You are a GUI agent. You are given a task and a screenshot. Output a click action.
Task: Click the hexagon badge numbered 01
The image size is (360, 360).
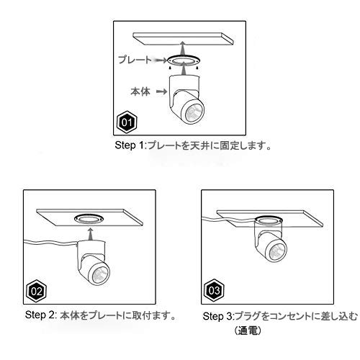click(127, 122)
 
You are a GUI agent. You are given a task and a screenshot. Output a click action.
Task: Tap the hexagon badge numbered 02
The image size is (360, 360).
click(36, 291)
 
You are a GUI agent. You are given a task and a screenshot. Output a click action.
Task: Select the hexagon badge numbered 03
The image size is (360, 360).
click(214, 291)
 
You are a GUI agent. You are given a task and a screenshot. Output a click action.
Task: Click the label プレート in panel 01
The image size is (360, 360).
click(135, 60)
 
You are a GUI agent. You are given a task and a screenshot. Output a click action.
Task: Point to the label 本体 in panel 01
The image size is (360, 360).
click(140, 91)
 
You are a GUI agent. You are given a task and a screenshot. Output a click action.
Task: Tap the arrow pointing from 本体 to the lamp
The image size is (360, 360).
click(161, 91)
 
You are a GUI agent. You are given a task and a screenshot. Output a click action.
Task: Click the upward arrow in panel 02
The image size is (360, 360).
click(90, 234)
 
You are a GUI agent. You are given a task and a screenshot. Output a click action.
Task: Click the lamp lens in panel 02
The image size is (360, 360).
click(100, 273)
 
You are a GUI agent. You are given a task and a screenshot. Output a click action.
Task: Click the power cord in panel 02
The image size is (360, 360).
click(50, 243)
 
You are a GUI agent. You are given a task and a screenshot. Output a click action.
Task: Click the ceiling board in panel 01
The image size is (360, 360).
click(184, 39)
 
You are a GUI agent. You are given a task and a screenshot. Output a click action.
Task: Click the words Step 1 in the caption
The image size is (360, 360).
click(129, 145)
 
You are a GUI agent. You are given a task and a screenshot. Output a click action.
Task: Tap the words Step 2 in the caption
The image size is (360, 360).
click(40, 315)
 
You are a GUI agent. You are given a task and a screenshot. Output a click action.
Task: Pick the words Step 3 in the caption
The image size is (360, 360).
click(217, 316)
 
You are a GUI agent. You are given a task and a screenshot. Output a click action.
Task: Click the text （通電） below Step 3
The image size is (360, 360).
click(248, 331)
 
